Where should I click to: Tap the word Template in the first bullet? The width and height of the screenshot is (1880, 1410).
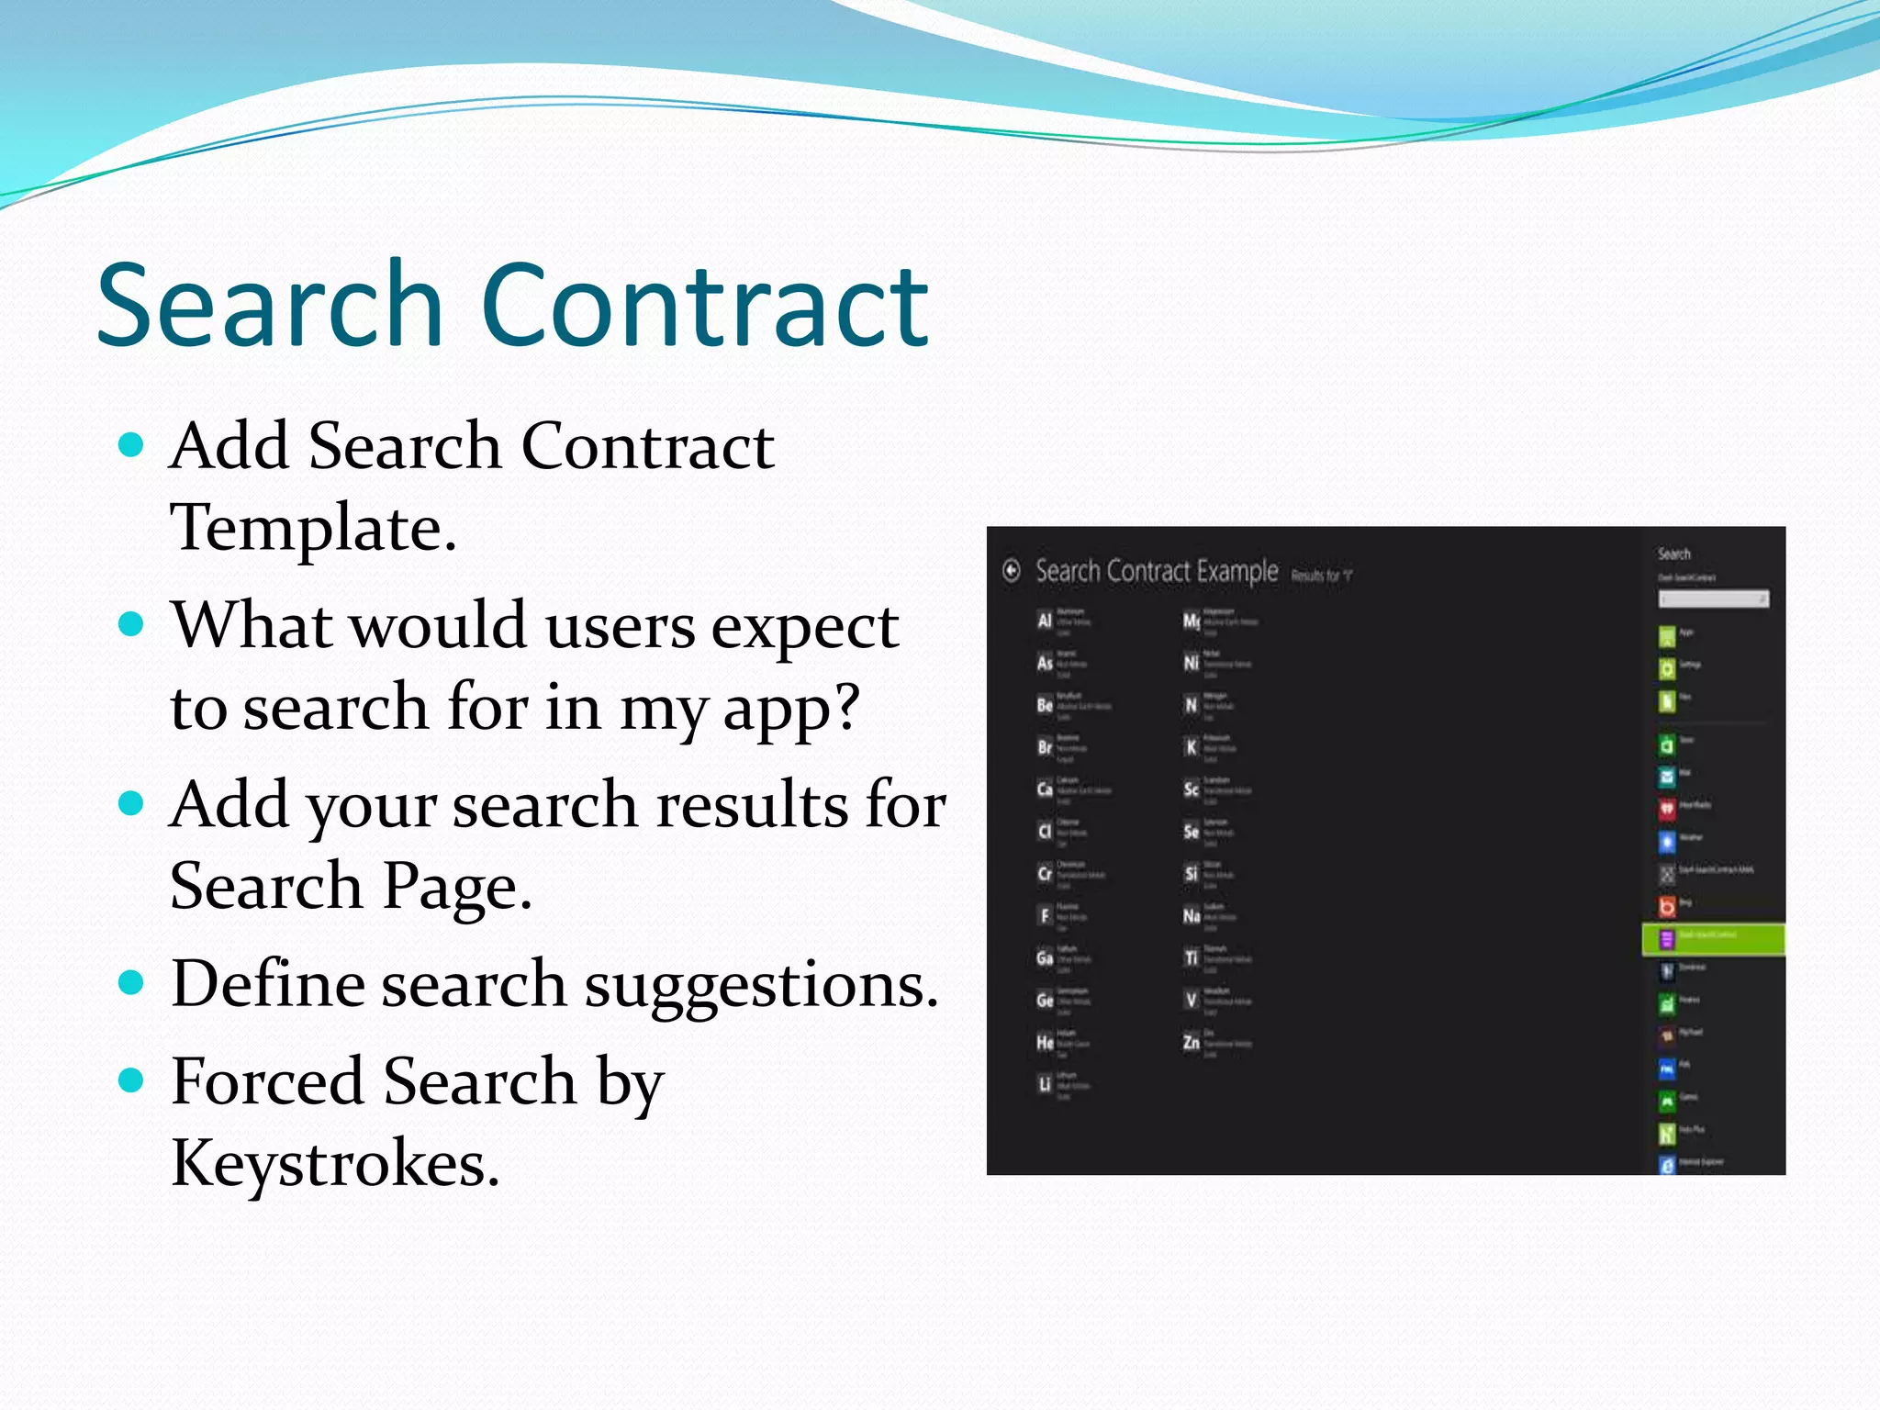click(312, 529)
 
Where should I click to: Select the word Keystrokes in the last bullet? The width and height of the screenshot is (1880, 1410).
click(335, 1164)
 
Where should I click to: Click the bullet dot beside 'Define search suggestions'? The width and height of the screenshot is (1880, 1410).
click(132, 984)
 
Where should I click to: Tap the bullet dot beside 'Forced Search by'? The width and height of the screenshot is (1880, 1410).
click(132, 1080)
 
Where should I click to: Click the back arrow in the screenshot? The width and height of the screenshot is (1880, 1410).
click(1012, 571)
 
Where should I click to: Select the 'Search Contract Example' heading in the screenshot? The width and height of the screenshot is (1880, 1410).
click(1157, 571)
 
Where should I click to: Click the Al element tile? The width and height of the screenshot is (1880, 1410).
click(1045, 621)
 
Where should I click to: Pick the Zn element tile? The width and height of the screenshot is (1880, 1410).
click(1192, 1042)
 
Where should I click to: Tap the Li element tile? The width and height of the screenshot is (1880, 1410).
click(1045, 1084)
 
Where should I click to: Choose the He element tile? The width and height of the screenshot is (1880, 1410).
click(1045, 1042)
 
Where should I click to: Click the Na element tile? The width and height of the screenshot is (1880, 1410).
click(1192, 915)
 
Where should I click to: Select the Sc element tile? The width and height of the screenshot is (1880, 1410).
click(1192, 789)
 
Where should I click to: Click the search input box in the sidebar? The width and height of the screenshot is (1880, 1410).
click(1713, 599)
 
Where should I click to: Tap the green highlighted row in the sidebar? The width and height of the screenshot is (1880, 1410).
click(1713, 938)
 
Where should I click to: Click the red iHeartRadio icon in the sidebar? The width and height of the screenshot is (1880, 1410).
click(1667, 808)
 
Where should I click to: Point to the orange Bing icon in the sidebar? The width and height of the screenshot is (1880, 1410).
click(1667, 906)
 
